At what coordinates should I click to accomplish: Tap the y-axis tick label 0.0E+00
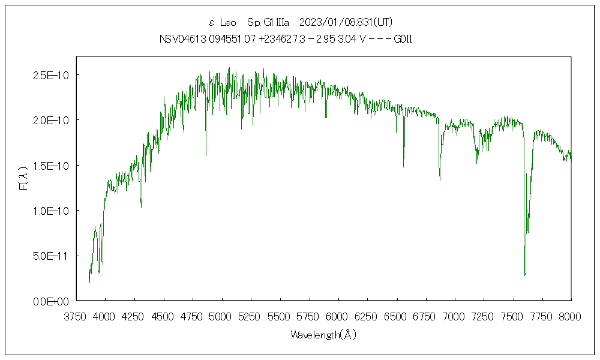[52, 301]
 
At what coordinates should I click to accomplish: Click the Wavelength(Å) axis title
[323, 335]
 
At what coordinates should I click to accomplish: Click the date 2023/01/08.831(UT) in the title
[345, 23]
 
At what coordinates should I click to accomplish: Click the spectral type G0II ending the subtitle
[402, 40]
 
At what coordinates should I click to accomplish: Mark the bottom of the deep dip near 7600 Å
[525, 275]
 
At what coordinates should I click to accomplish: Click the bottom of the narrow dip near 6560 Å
[403, 166]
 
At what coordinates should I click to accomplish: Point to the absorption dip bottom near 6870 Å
[440, 179]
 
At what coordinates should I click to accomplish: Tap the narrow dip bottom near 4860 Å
[206, 156]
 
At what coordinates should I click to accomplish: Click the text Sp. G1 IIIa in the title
[268, 23]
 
